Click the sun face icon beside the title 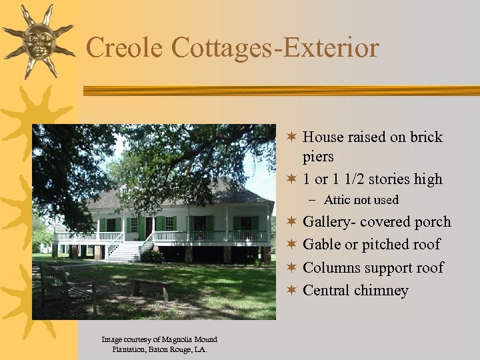coord(39,41)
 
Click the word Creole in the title coord(124,48)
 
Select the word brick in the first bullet coord(426,137)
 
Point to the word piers coord(318,157)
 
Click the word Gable coord(321,245)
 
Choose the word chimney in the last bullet coord(383,290)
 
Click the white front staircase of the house coord(125,251)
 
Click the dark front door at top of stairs coord(141,227)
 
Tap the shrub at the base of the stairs coord(153,255)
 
